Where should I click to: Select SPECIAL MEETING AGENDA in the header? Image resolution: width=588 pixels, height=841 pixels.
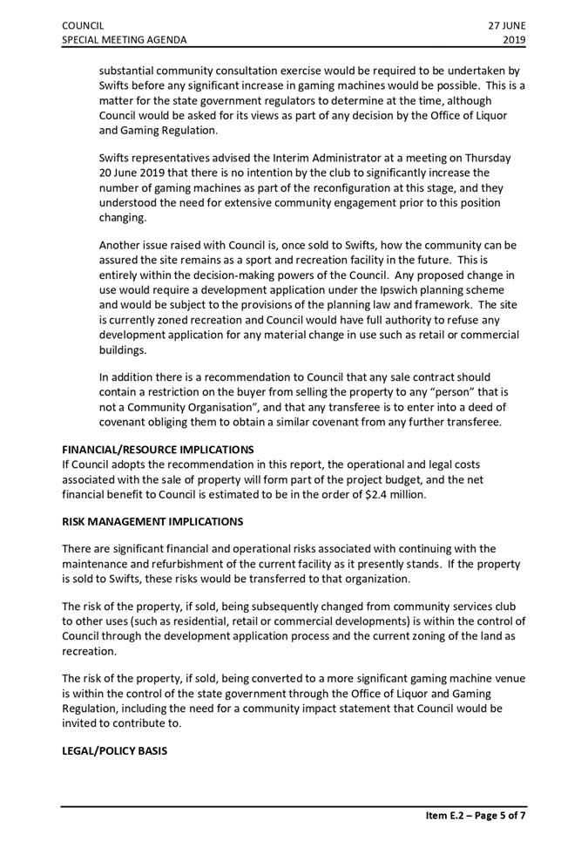[x=124, y=40]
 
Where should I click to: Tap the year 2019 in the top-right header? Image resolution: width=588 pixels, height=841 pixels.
[x=515, y=40]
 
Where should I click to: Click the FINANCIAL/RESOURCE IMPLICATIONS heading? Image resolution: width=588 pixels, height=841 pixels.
[x=158, y=450]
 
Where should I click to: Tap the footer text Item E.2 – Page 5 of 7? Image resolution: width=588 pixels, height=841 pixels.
[x=476, y=815]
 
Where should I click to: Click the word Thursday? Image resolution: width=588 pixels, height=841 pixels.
[x=484, y=158]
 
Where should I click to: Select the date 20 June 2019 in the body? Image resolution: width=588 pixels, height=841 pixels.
[x=133, y=173]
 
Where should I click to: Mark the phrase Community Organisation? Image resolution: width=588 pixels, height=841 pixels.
[x=192, y=407]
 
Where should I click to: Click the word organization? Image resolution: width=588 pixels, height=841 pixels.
[x=367, y=579]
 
